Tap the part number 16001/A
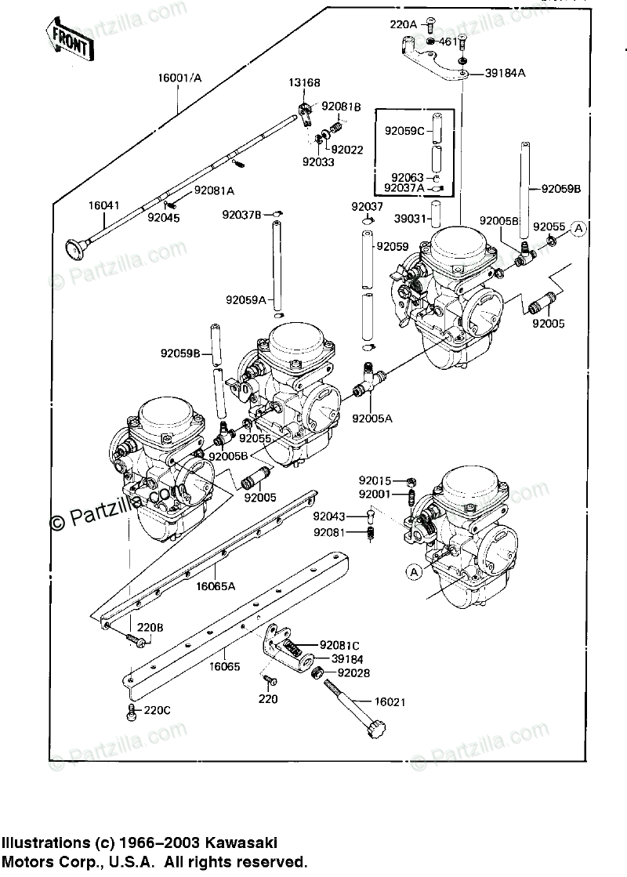click(x=179, y=78)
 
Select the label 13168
click(x=303, y=82)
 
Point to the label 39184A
click(x=505, y=72)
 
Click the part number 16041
click(x=103, y=205)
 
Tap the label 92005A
click(x=371, y=418)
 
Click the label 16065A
click(x=216, y=585)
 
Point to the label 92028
click(x=354, y=672)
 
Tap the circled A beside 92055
click(x=578, y=228)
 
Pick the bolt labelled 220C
click(x=132, y=712)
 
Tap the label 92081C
click(x=339, y=645)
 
